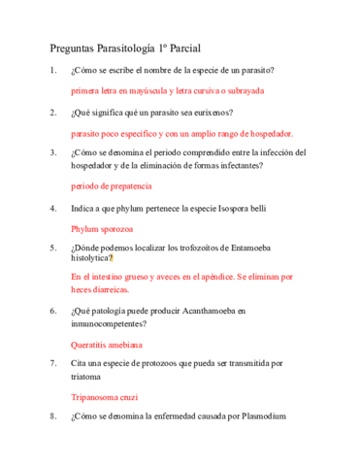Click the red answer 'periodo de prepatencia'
[112, 185]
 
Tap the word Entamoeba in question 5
[259, 248]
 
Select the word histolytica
[96, 259]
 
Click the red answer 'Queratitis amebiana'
[107, 344]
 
